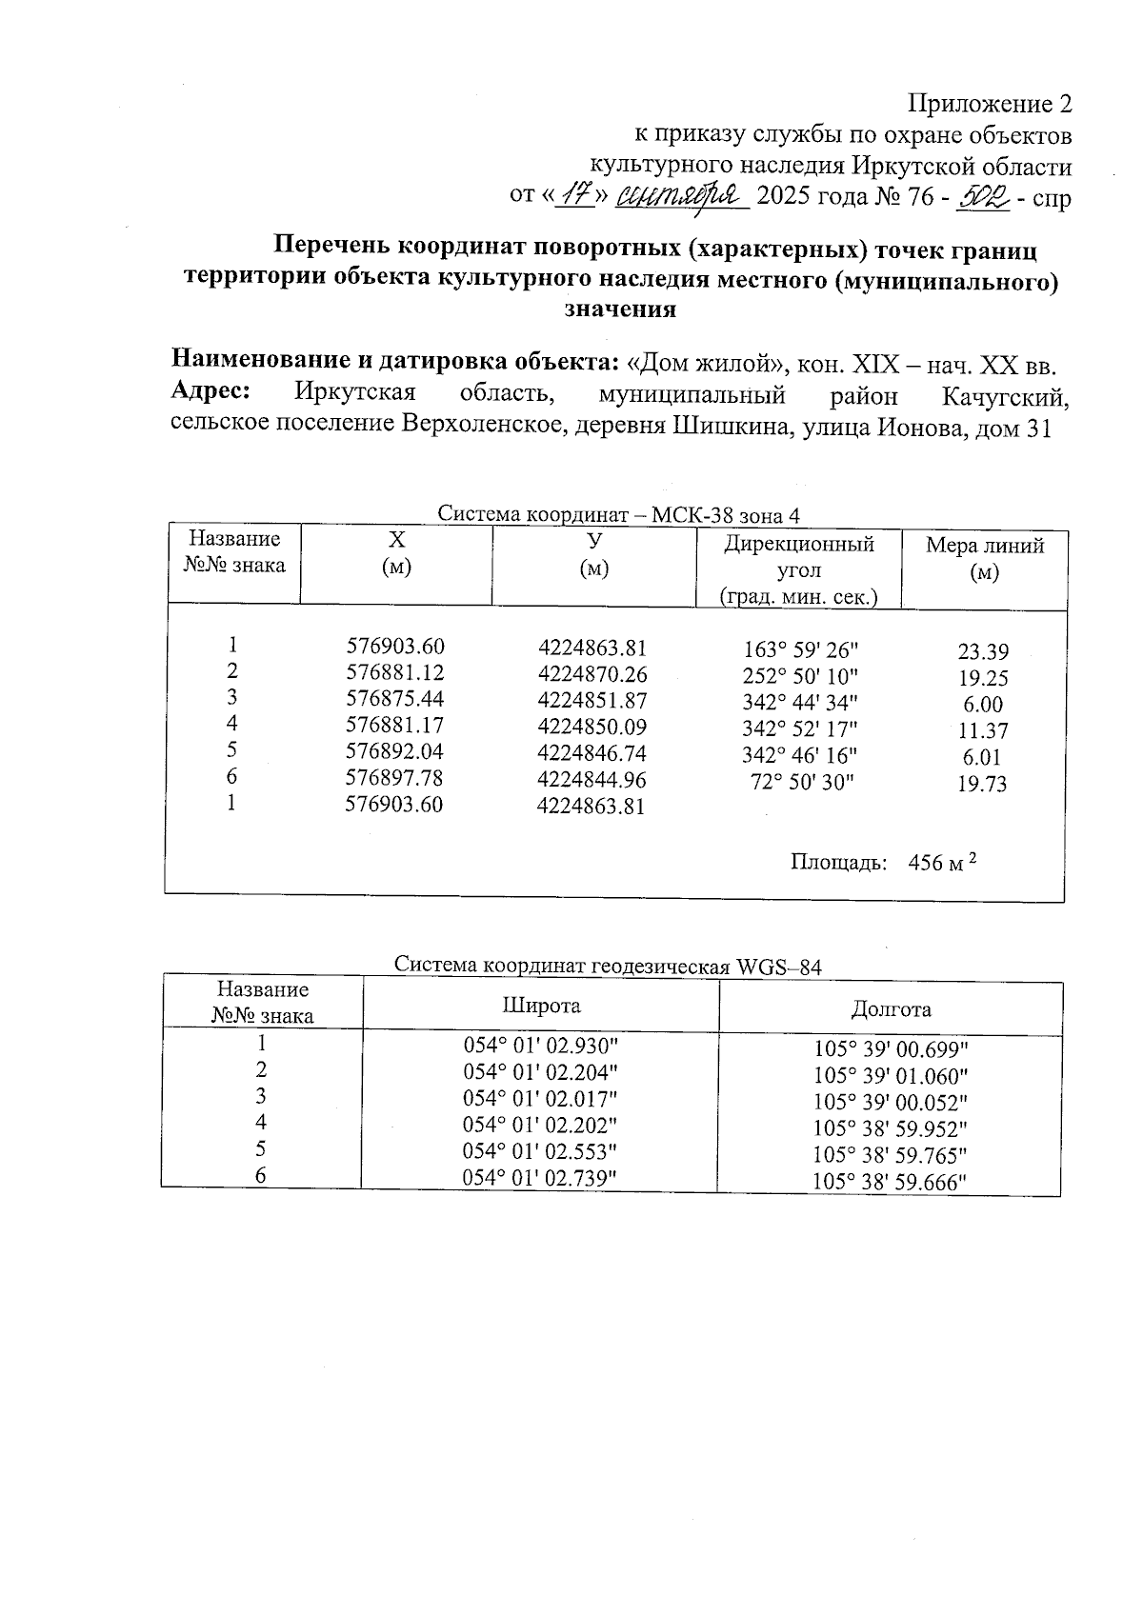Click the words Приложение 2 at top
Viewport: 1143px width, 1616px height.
(990, 104)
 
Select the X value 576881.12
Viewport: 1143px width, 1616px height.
(394, 673)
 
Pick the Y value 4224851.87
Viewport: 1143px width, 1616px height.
(592, 700)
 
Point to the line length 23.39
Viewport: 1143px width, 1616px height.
(983, 652)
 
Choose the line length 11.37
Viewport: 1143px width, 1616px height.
(983, 731)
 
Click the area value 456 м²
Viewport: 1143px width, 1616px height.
(943, 863)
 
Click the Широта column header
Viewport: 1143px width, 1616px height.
(541, 1006)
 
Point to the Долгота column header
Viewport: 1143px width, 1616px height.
(892, 1008)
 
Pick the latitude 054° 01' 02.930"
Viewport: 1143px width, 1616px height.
(541, 1044)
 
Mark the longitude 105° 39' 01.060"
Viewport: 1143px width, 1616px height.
(891, 1076)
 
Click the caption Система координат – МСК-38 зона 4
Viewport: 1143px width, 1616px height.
(618, 515)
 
